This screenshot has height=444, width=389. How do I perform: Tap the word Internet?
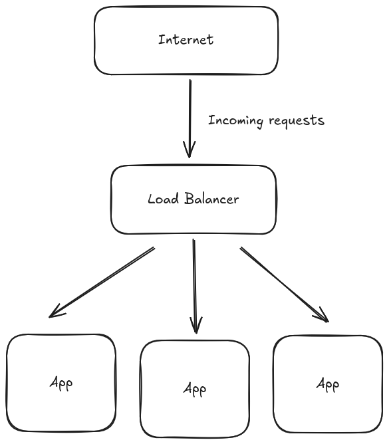pyautogui.click(x=186, y=39)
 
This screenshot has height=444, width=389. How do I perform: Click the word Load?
pyautogui.click(x=160, y=199)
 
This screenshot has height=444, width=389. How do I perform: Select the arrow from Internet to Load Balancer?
pyautogui.click(x=190, y=113)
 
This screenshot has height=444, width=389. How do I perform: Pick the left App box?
pyautogui.click(x=61, y=405)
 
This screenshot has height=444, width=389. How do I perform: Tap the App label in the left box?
pyautogui.click(x=61, y=383)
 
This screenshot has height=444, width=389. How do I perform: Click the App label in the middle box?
pyautogui.click(x=194, y=389)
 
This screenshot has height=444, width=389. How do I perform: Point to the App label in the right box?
pyautogui.click(x=328, y=384)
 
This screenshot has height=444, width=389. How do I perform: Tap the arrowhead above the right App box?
pyautogui.click(x=323, y=316)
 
